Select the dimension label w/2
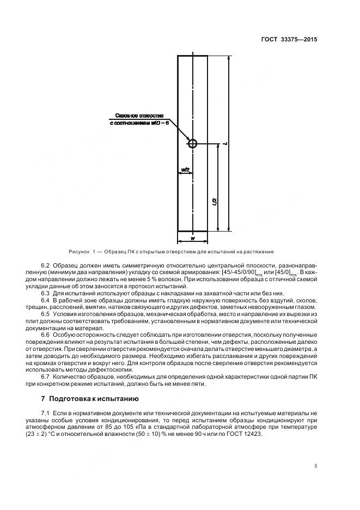[x=185, y=170]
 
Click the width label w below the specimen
[x=192, y=239]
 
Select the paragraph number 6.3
[x=46, y=293]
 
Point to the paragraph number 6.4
[x=46, y=300]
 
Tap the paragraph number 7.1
[x=46, y=413]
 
